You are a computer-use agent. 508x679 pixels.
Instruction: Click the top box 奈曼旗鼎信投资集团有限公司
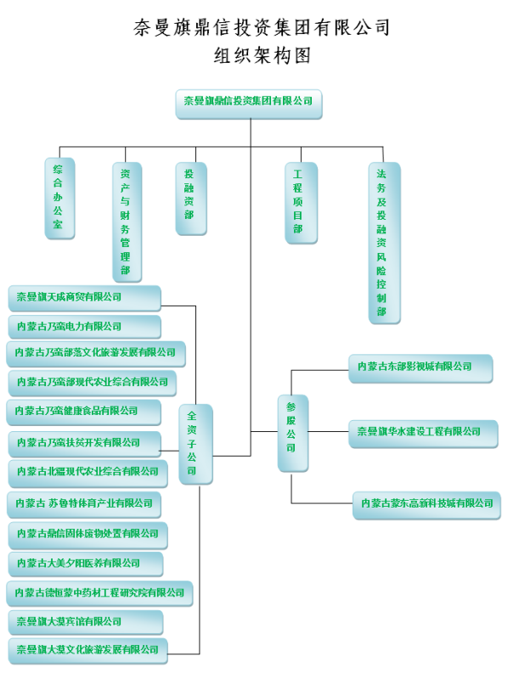click(x=249, y=104)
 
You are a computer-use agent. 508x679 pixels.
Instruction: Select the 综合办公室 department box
click(x=59, y=198)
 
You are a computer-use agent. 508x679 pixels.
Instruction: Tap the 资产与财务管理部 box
click(x=127, y=222)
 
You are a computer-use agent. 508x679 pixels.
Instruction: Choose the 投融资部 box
click(x=191, y=199)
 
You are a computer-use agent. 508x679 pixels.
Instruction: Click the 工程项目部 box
click(x=302, y=203)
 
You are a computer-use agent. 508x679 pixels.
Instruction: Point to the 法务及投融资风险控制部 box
click(x=385, y=243)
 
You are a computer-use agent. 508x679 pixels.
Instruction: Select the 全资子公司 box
click(x=196, y=444)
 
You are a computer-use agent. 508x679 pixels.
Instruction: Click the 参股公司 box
click(x=293, y=433)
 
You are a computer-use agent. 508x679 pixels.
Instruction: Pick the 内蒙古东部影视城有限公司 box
click(x=421, y=368)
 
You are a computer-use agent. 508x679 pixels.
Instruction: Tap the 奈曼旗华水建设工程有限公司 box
click(x=424, y=434)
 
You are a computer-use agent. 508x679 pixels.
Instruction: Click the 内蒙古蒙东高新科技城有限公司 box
click(x=427, y=505)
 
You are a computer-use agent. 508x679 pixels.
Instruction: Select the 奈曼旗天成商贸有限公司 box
click(x=84, y=299)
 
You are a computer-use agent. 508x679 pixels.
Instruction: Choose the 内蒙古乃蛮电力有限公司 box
click(x=84, y=327)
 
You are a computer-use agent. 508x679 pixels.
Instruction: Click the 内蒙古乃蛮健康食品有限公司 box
click(x=83, y=412)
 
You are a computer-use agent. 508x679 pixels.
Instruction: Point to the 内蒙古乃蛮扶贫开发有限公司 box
click(x=84, y=444)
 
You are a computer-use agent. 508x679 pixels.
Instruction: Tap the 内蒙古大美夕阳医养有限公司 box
click(x=86, y=564)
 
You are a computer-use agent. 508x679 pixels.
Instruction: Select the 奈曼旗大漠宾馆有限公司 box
click(x=86, y=623)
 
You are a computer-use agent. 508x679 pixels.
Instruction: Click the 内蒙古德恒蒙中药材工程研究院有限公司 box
click(x=99, y=593)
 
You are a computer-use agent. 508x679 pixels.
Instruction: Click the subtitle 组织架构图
click(x=262, y=55)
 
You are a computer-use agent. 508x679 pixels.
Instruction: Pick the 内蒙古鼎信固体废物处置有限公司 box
click(x=88, y=536)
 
